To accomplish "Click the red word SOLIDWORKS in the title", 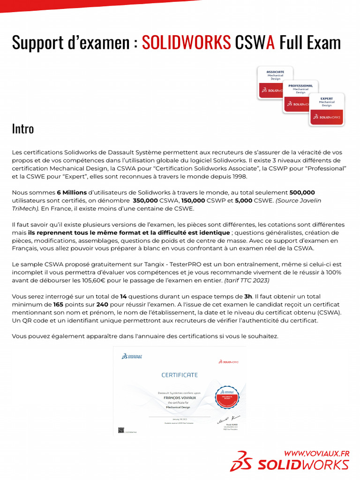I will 186,43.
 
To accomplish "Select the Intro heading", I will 22,128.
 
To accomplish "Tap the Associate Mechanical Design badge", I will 275,82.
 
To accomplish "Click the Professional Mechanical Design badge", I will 300,97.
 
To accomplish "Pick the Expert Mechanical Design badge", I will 327,109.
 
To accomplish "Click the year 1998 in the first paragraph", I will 238,176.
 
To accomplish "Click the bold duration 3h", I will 248,296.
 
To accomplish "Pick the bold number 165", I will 58,304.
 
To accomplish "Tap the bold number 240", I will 102,304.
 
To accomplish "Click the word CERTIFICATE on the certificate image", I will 180,375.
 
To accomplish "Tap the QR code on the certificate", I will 121,430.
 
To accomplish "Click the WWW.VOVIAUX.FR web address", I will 317,453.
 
